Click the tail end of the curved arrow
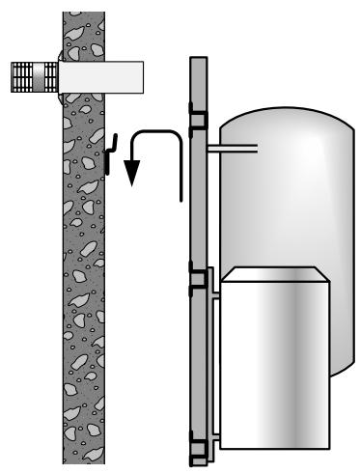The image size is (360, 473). (x=180, y=198)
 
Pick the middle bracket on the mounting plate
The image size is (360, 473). (x=201, y=281)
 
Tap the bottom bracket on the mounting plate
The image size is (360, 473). (x=201, y=446)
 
